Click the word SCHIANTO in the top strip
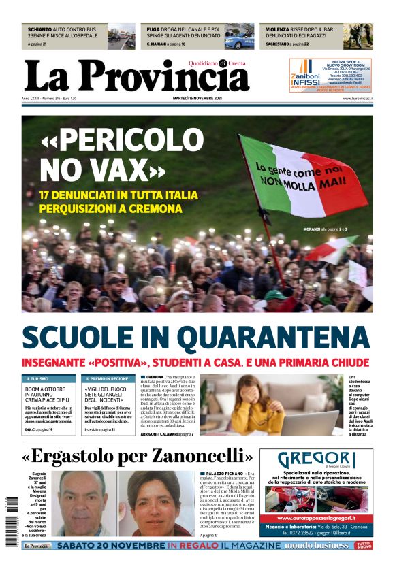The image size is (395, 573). pyautogui.click(x=39, y=30)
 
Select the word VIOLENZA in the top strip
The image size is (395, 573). pyautogui.click(x=278, y=30)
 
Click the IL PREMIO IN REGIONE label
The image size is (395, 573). pyautogui.click(x=107, y=378)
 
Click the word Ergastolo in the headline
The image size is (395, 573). pyautogui.click(x=72, y=455)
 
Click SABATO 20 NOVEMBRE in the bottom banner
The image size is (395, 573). pyautogui.click(x=112, y=546)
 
